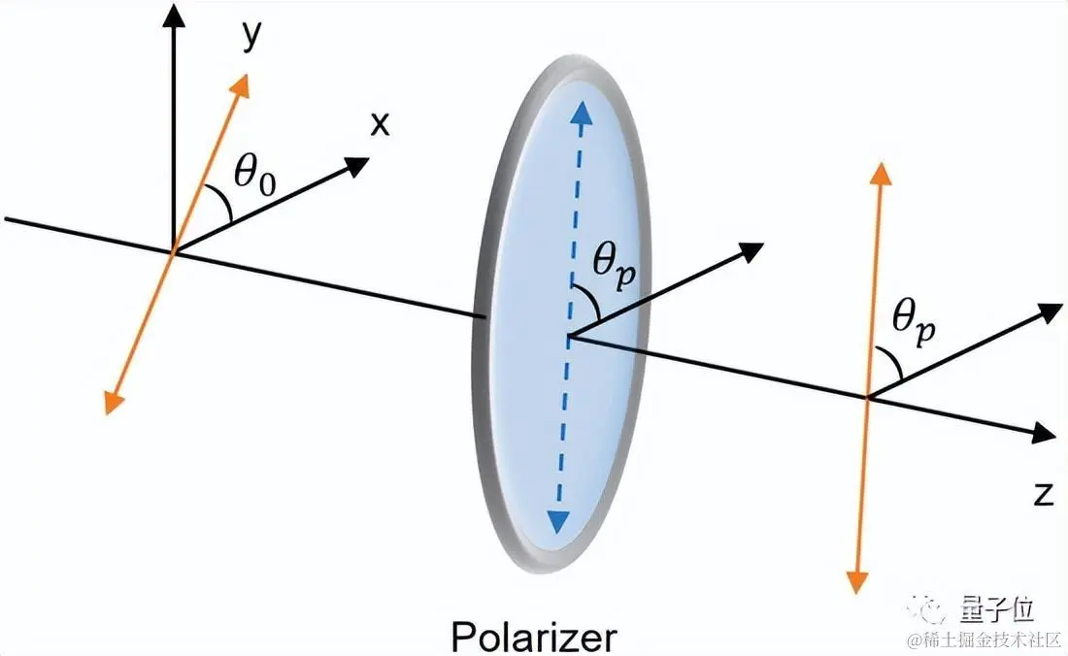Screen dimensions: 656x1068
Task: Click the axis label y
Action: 251,36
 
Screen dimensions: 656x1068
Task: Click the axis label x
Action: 381,123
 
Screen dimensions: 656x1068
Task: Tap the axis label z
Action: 1044,494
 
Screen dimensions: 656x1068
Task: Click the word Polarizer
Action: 533,637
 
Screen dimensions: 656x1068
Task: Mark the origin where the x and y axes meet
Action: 174,252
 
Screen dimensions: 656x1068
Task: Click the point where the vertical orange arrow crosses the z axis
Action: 867,397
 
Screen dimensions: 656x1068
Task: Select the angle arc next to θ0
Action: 226,207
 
